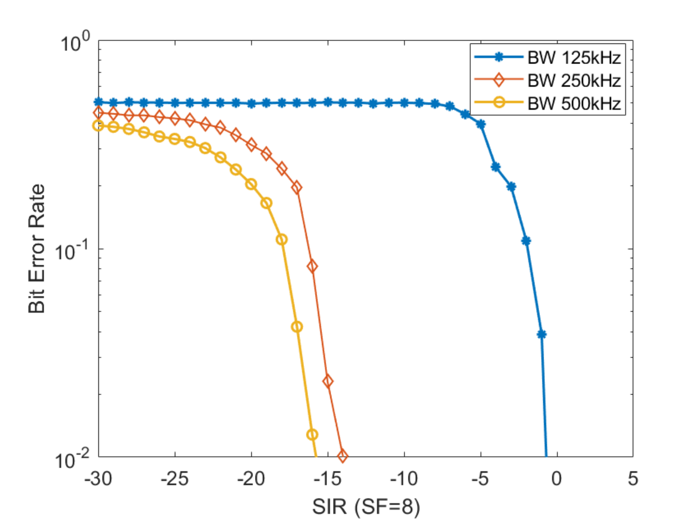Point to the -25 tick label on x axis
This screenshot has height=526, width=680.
(x=175, y=478)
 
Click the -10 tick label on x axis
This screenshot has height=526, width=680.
(x=404, y=478)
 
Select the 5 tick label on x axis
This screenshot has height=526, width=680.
(x=633, y=478)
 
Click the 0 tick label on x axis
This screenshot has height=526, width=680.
(x=557, y=478)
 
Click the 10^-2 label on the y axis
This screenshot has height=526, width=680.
(x=72, y=460)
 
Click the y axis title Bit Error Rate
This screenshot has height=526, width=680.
(x=36, y=249)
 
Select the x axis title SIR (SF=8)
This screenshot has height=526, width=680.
(x=366, y=506)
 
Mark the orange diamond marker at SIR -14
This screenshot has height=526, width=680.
(x=342, y=456)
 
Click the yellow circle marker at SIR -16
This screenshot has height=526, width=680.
(x=312, y=435)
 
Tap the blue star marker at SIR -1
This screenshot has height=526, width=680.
(x=542, y=334)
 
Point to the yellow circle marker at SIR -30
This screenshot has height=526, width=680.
(x=98, y=126)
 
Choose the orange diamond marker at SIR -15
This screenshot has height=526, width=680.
(x=328, y=381)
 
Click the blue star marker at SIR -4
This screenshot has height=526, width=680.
(x=496, y=167)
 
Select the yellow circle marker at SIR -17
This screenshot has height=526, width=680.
(x=297, y=327)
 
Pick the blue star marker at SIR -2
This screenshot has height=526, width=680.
(x=526, y=241)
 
